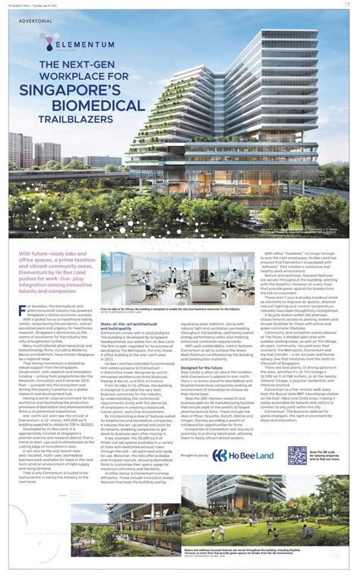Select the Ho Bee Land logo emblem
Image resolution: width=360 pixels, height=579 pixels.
coord(219,455)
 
